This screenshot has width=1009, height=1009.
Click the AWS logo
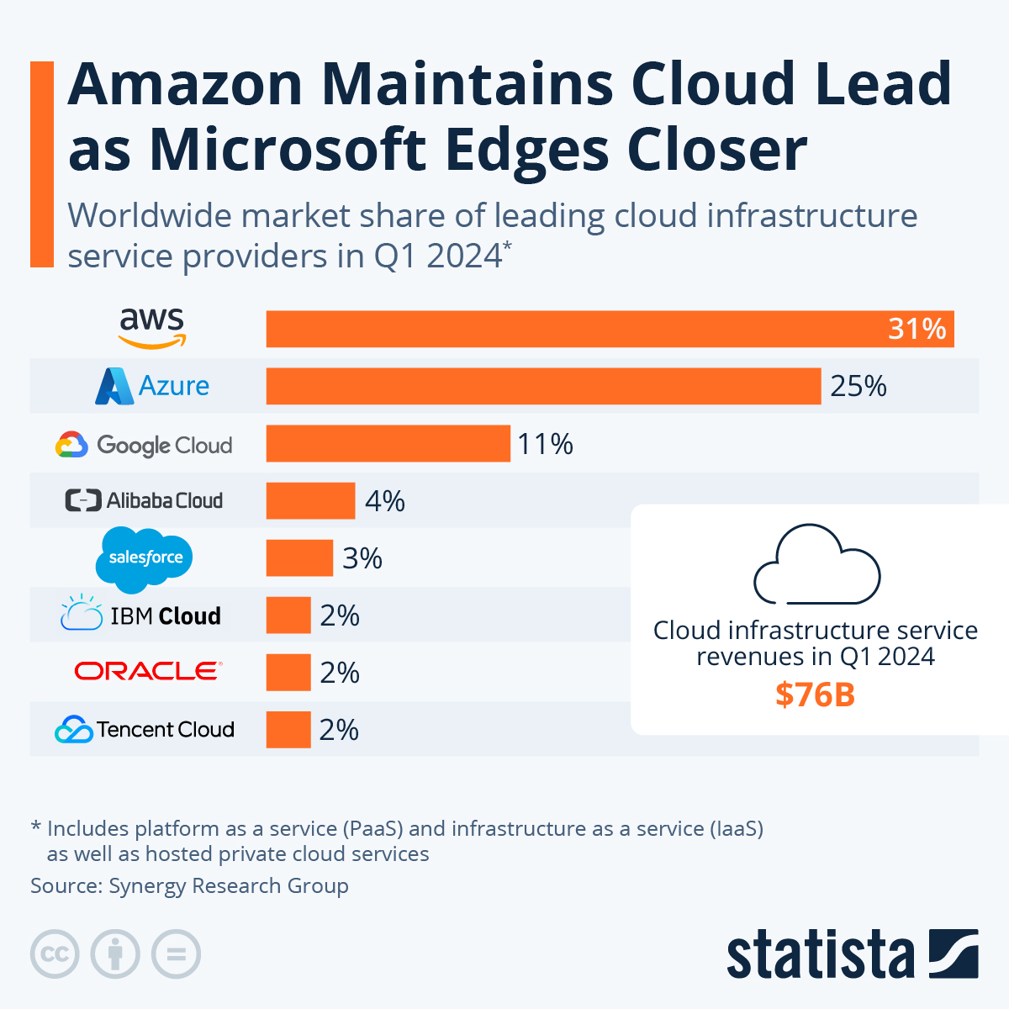point(151,328)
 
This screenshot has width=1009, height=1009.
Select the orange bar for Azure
point(543,386)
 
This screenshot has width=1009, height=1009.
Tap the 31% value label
point(917,329)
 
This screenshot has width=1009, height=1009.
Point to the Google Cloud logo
point(144,445)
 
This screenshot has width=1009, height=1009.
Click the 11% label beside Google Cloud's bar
point(545,444)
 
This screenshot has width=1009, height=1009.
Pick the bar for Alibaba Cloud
point(310,501)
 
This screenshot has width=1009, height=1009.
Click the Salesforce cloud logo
point(145,557)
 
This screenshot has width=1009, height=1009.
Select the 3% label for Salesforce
point(362,558)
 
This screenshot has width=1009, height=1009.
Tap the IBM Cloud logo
point(141,615)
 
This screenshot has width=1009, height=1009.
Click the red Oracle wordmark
point(148,671)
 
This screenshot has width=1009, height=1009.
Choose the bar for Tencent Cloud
point(288,730)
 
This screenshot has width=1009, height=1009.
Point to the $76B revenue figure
point(815,695)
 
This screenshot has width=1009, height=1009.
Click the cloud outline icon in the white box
point(816,564)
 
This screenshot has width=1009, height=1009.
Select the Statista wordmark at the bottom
point(820,955)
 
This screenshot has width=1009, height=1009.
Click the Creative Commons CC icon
point(55,954)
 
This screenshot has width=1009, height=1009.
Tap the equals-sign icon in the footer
point(177,954)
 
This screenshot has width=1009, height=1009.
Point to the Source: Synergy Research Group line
point(189,885)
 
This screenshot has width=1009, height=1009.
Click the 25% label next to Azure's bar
point(858,386)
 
